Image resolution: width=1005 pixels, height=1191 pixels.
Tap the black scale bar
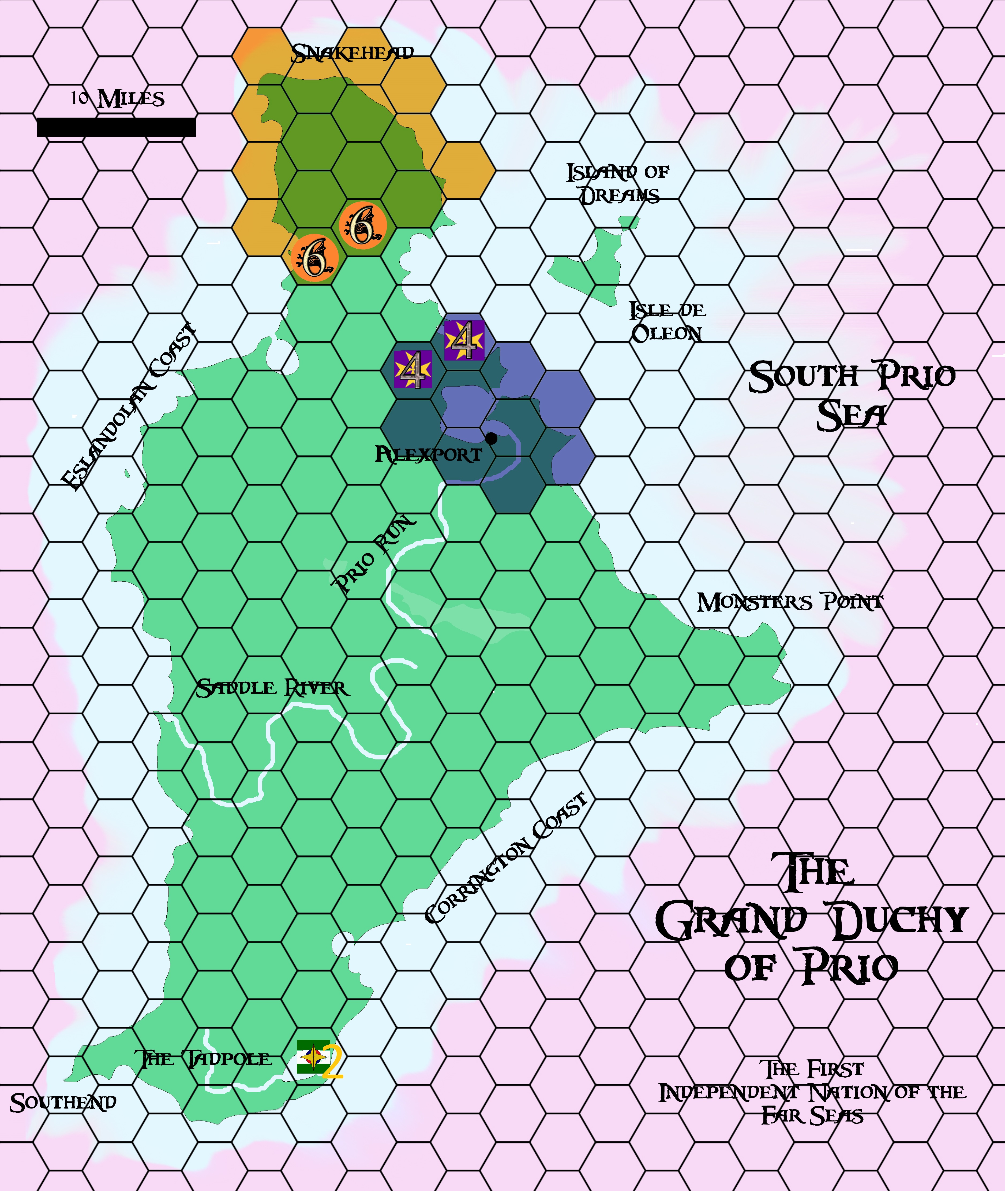pos(116,127)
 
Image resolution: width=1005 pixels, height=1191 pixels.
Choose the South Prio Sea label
pos(852,395)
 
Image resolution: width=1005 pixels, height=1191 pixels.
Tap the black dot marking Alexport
pos(491,439)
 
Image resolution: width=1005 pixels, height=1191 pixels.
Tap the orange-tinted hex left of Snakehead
pos(256,54)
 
